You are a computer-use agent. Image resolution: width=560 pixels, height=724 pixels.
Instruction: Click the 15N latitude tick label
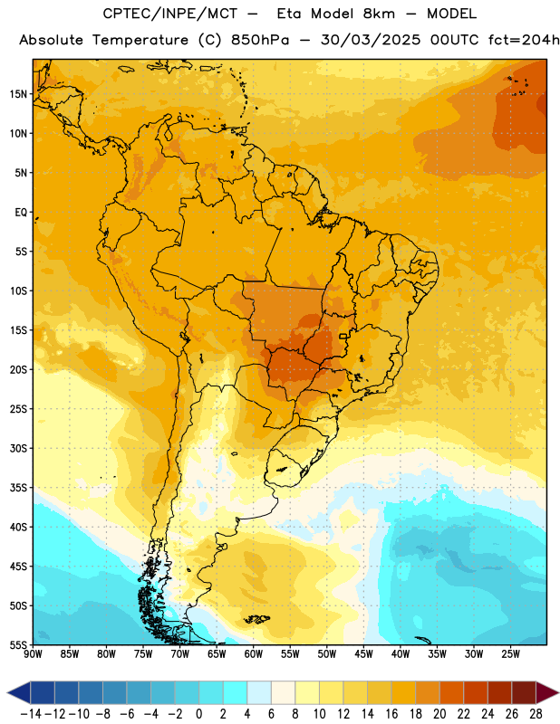point(18,94)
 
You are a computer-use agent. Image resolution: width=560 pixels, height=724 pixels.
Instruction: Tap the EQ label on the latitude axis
point(21,213)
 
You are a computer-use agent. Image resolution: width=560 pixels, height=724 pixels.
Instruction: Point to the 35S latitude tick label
point(18,488)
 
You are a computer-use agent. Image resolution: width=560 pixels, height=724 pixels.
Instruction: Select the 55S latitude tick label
point(18,644)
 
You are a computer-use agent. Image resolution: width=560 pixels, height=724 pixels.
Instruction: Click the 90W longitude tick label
point(33,654)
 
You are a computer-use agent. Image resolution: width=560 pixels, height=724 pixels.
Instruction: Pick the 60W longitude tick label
point(254,654)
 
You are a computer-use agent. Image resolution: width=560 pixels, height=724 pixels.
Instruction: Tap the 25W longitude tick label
point(510,654)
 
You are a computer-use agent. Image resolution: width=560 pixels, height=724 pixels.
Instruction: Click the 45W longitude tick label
point(363,654)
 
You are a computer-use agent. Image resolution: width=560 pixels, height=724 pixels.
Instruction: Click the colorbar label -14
point(31,714)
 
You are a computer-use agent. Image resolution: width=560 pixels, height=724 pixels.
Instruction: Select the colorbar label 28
point(536,714)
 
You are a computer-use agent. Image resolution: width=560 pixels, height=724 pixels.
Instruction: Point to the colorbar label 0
point(198,714)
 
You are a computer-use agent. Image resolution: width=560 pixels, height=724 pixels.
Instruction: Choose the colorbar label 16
point(391,714)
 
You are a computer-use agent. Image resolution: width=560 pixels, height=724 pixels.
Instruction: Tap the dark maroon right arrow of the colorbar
point(546,692)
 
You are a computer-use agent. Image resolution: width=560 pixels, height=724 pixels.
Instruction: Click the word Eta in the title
point(288,14)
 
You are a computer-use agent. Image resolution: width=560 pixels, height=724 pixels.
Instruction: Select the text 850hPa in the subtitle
point(260,40)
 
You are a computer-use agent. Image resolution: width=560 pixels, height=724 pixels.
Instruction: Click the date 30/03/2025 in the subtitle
point(371,40)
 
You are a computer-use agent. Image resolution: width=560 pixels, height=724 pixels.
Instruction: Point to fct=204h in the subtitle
point(524,40)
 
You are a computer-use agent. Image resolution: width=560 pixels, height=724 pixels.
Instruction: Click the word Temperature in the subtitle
point(140,41)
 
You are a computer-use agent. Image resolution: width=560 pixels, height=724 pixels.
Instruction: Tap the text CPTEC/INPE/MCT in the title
point(169,14)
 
